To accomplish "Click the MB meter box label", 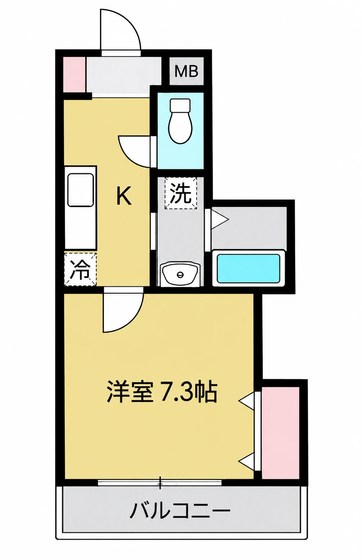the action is [x=186, y=71].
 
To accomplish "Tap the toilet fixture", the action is [x=180, y=121].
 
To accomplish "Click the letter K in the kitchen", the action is [x=124, y=196].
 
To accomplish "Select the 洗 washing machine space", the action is [x=181, y=193].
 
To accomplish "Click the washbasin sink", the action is [x=180, y=274].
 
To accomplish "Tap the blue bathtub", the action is [x=248, y=269].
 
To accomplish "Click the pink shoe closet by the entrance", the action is [x=74, y=75].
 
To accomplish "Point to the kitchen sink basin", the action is [x=80, y=190].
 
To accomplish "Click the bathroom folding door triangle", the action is [x=220, y=219].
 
